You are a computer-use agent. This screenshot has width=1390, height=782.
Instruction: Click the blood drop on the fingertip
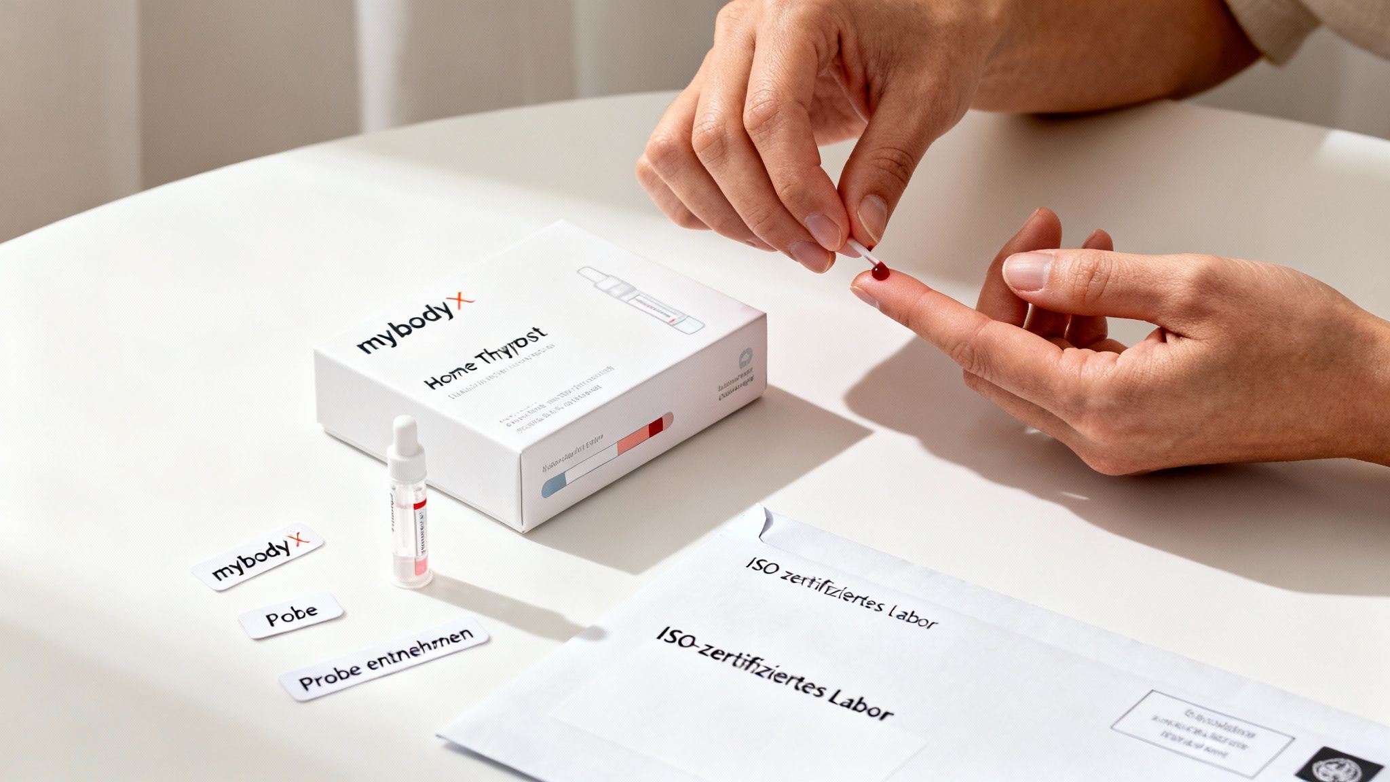[880, 272]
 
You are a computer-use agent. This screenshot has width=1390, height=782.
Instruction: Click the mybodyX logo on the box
[415, 325]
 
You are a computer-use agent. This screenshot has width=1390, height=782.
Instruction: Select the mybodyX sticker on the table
[257, 556]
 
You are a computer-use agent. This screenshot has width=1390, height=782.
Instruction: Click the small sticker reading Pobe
[291, 615]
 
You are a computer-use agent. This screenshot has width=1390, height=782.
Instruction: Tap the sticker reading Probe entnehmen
[384, 658]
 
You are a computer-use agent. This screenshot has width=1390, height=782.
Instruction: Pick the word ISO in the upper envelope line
[759, 567]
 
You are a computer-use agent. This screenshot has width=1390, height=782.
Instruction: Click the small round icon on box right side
[745, 357]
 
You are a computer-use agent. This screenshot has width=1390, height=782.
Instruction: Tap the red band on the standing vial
[419, 503]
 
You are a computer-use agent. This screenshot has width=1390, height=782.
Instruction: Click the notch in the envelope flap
[766, 523]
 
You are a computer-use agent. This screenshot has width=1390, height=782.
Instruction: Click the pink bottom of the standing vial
[411, 567]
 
